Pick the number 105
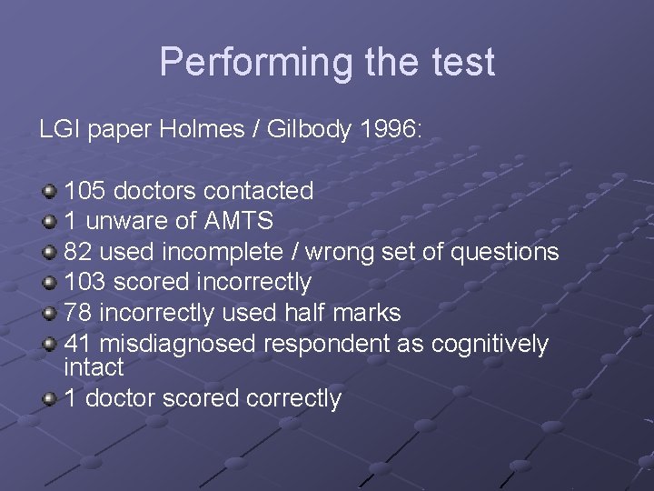(x=84, y=191)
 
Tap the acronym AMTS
(x=238, y=221)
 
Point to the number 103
(x=84, y=283)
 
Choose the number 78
(x=78, y=313)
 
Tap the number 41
(x=78, y=344)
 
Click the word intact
(x=94, y=367)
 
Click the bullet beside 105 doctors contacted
(x=50, y=192)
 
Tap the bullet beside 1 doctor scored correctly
(x=50, y=399)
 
